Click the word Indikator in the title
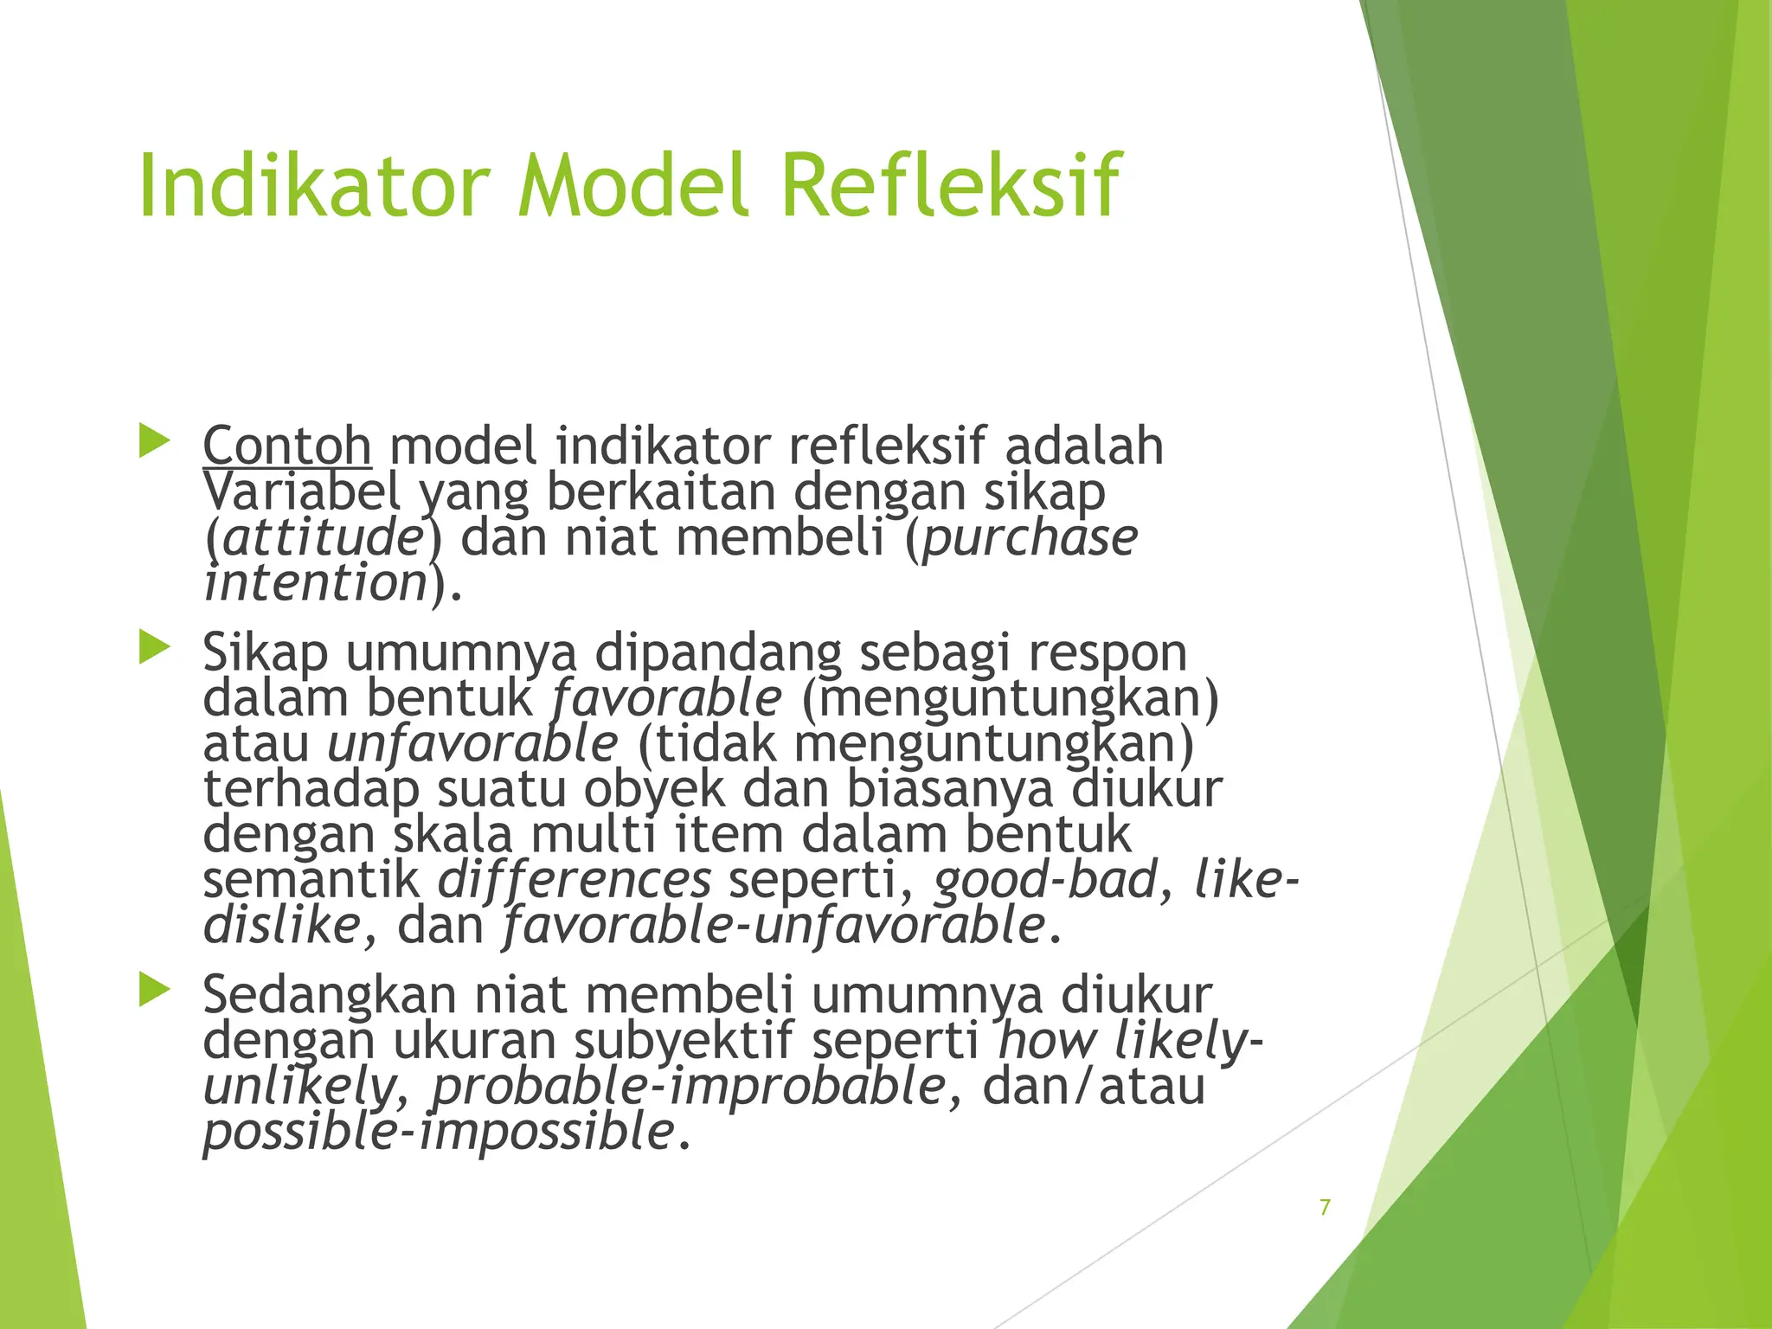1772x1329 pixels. [314, 186]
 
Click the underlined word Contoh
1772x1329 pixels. [286, 446]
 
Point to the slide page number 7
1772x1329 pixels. [1325, 1207]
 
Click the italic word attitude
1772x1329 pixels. [322, 537]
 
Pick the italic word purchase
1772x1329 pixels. [1030, 537]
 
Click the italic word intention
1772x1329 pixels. [316, 582]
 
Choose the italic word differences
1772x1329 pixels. [575, 880]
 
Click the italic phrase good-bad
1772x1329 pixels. [1045, 880]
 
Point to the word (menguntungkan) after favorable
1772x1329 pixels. [1010, 698]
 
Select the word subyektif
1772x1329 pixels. [683, 1041]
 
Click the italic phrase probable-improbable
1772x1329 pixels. [689, 1087]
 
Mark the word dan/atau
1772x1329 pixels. [1094, 1087]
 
